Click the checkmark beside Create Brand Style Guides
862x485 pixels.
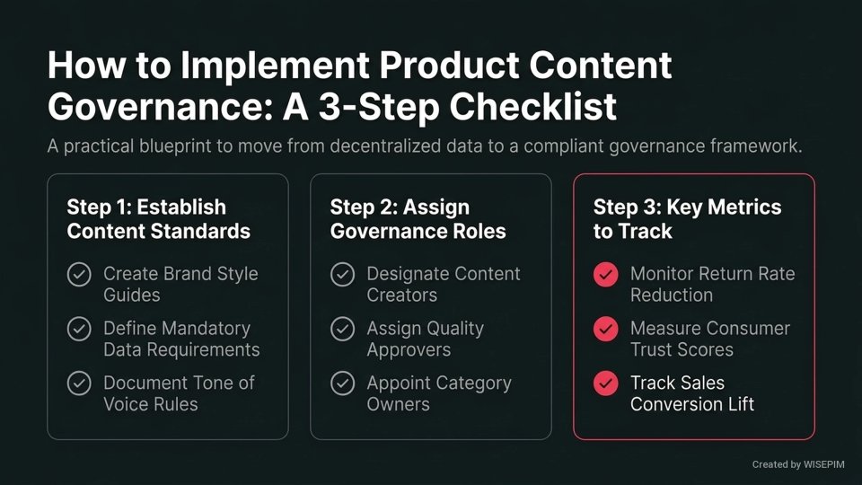[x=79, y=275]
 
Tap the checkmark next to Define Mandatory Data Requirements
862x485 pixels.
[x=79, y=330]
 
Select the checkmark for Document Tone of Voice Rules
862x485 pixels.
[x=79, y=384]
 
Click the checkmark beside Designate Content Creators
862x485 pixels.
[x=342, y=275]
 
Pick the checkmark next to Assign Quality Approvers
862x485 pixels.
[x=342, y=330]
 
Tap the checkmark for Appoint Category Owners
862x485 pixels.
[x=342, y=384]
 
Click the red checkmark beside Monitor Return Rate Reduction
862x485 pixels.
[x=606, y=275]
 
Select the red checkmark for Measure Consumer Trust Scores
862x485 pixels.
[x=606, y=330]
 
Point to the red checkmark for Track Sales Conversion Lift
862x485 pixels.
[x=606, y=384]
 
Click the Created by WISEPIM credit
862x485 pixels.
[x=797, y=465]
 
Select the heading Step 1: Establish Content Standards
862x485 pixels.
[x=158, y=219]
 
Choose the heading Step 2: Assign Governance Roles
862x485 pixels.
[x=418, y=219]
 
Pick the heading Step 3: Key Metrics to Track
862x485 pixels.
[x=687, y=219]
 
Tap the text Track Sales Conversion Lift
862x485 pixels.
[x=691, y=393]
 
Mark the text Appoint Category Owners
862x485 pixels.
[x=438, y=393]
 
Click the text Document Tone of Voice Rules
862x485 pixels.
[x=178, y=393]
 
